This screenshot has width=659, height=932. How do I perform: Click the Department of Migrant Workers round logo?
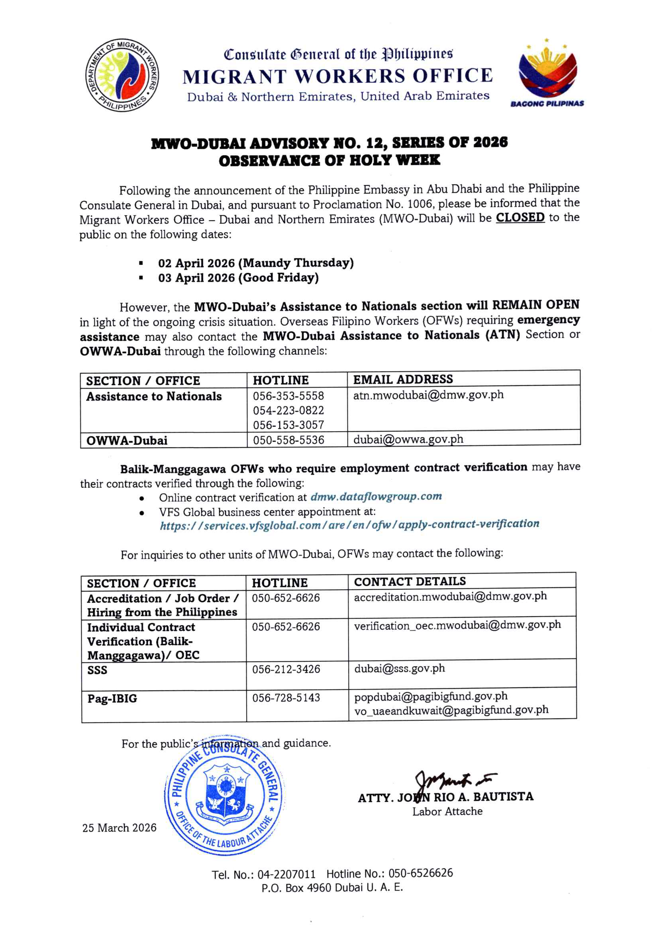click(122, 75)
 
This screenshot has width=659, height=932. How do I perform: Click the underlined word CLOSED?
click(520, 218)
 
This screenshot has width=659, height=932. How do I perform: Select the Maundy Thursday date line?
click(256, 263)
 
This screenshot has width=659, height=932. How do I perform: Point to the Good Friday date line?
click(238, 278)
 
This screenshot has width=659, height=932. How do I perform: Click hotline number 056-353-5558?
click(288, 396)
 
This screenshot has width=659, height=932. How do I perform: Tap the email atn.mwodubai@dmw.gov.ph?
click(428, 395)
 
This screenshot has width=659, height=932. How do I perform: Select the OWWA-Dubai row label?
click(127, 440)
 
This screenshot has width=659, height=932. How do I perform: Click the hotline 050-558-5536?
click(288, 440)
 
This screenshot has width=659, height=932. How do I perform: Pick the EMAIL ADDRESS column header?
click(402, 379)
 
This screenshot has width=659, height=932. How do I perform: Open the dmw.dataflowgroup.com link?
click(376, 497)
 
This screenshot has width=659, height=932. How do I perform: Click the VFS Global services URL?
click(349, 525)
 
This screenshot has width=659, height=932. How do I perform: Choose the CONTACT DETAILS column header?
click(410, 582)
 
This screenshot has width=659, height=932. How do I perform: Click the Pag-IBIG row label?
click(112, 698)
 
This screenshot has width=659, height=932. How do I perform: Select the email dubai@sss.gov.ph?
click(399, 668)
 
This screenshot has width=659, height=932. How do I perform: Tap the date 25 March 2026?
click(119, 828)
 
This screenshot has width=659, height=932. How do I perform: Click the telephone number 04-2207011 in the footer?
click(286, 874)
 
